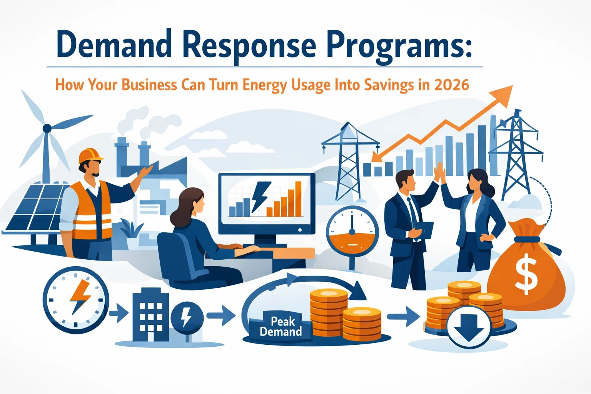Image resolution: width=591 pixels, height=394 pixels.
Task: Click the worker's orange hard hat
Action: [91, 156]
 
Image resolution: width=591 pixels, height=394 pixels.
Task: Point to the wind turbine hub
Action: [47, 128]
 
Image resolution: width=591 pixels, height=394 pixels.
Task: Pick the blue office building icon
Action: [150, 317]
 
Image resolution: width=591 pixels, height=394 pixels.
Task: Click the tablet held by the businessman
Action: [426, 229]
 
